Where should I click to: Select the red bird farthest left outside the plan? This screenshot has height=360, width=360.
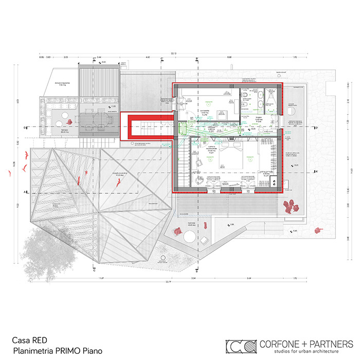click(x=9, y=174)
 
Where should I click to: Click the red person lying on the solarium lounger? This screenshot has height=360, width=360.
click(x=177, y=231)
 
